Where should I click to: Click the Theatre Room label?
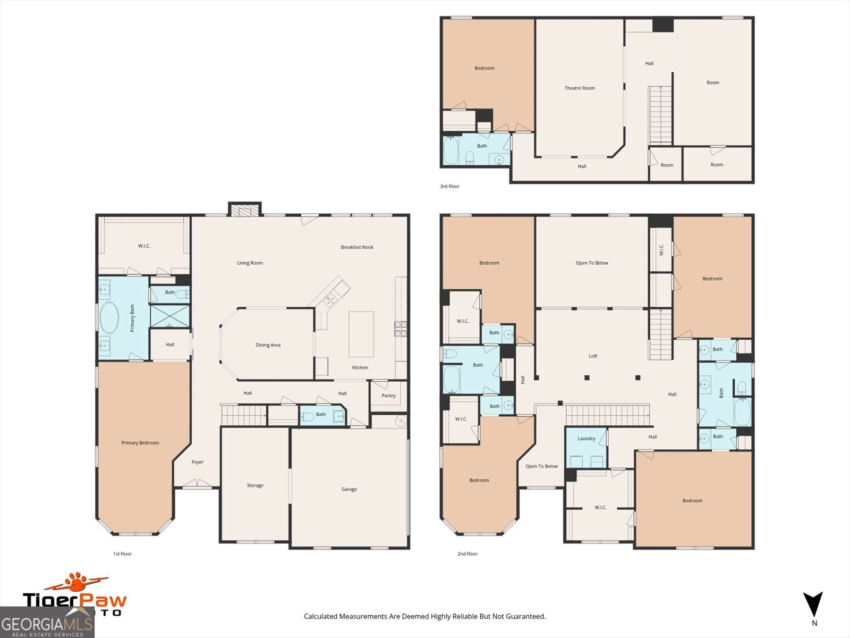[579, 88]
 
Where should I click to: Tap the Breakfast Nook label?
[357, 247]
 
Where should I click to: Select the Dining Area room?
[268, 345]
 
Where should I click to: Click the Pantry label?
[388, 396]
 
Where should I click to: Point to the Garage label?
[349, 489]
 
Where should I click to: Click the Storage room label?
[255, 485]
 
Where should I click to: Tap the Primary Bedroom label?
[140, 443]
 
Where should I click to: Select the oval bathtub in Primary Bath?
[109, 318]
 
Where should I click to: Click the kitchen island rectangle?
[361, 334]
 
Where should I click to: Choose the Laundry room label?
[586, 439]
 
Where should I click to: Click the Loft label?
[593, 356]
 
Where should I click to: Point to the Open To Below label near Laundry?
[541, 466]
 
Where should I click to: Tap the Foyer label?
[197, 462]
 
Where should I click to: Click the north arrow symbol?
[813, 605]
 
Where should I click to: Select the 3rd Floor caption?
[449, 187]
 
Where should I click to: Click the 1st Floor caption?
[122, 554]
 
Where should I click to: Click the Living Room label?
[250, 263]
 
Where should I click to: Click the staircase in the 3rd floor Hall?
[660, 116]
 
